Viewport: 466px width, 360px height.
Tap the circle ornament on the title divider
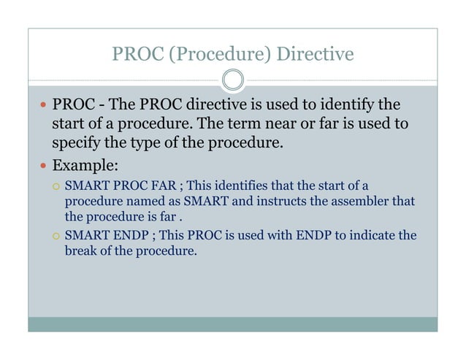click(232, 80)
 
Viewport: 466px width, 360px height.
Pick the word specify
click(77, 142)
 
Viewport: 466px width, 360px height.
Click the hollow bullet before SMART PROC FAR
click(56, 185)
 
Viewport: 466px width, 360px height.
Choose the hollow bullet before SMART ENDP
click(56, 236)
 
